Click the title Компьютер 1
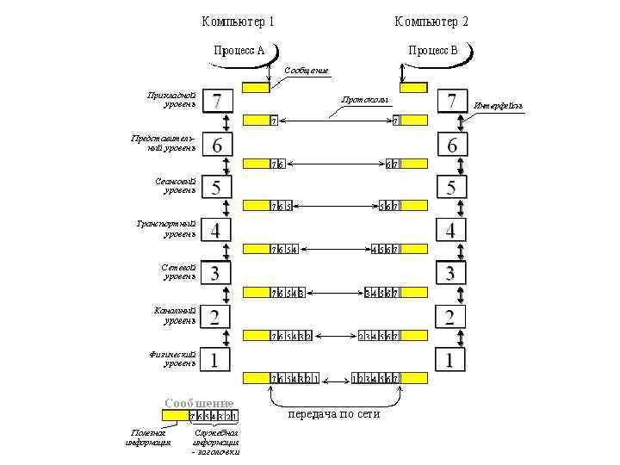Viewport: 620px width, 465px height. tap(239, 21)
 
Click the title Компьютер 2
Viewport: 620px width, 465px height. tap(431, 21)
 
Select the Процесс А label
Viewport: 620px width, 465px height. tap(239, 50)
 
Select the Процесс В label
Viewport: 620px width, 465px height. tap(433, 50)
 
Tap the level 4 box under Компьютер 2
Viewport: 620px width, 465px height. tap(451, 230)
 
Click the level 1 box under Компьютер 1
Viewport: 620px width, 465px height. tap(216, 359)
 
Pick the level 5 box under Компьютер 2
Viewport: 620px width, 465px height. tap(451, 187)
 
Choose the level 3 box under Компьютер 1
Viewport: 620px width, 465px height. tap(216, 273)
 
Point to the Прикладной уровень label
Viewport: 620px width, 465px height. tap(172, 99)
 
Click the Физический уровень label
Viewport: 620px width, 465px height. tap(172, 358)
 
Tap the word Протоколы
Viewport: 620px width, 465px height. tap(365, 100)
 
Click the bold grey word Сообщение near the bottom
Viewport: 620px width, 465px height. tap(199, 402)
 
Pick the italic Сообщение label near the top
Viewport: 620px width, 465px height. tap(306, 70)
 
